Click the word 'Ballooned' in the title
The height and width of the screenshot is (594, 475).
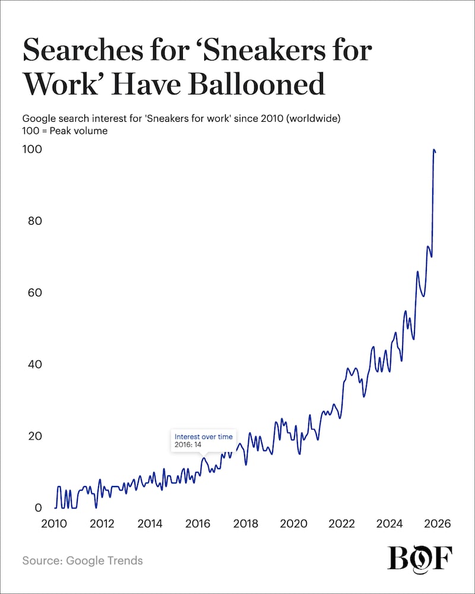click(x=256, y=85)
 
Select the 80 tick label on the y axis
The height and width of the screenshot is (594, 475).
click(x=35, y=221)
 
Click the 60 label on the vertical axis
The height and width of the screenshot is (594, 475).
click(x=35, y=293)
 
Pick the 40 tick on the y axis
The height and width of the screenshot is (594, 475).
click(x=35, y=364)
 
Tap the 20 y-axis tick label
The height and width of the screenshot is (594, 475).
click(x=35, y=436)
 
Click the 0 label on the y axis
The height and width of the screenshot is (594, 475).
click(x=38, y=508)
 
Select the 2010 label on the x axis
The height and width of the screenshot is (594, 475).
click(x=54, y=524)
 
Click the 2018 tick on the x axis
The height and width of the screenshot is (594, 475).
click(x=245, y=524)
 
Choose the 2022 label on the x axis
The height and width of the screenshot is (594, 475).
click(x=341, y=524)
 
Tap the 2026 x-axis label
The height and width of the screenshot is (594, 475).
click(x=437, y=524)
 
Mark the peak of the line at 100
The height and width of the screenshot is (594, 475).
click(x=434, y=150)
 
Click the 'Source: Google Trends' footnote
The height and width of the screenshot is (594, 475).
click(x=83, y=560)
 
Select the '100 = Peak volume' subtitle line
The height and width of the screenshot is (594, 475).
click(x=65, y=130)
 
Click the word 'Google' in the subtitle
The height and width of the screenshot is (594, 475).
click(x=38, y=118)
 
